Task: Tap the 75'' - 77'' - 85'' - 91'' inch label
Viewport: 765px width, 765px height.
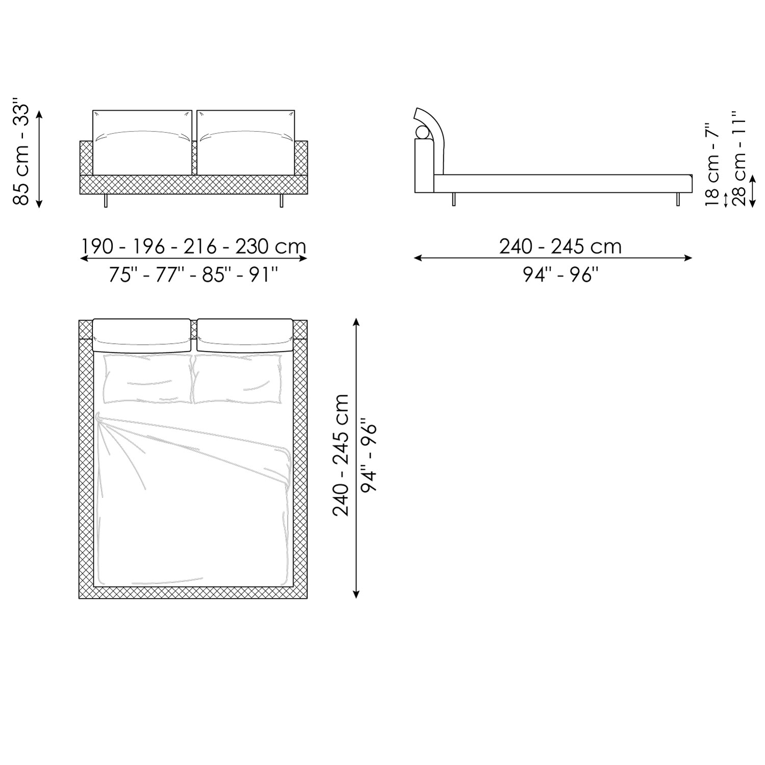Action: coord(193,275)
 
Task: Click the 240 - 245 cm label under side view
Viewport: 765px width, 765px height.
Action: coord(560,247)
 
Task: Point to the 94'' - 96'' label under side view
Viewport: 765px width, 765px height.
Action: coord(560,275)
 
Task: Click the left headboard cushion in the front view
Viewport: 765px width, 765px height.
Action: coord(142,142)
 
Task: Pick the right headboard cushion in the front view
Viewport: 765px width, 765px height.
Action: coord(245,142)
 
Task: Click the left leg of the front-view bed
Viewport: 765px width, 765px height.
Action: coord(106,200)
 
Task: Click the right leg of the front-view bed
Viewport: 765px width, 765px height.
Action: coord(281,200)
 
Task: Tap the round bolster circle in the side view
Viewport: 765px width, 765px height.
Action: coord(423,132)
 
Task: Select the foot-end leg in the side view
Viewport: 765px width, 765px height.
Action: coord(678,199)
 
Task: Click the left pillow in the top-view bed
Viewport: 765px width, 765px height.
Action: coord(147,379)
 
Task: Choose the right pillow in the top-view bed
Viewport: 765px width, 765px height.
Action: coord(238,379)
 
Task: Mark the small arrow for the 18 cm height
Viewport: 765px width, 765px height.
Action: coord(725,199)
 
